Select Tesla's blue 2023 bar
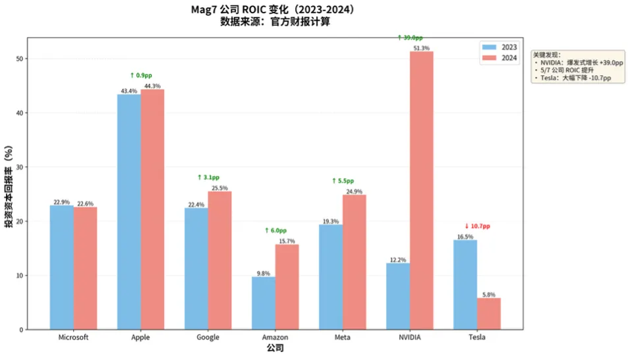click(465, 284)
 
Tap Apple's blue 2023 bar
click(129, 212)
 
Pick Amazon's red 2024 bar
click(287, 287)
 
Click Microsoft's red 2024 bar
click(85, 268)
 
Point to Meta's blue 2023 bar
click(331, 277)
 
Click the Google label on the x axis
click(208, 337)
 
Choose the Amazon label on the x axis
click(275, 337)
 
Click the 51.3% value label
click(422, 48)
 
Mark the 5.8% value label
click(488, 294)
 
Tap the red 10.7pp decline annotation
click(477, 226)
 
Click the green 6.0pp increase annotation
click(275, 231)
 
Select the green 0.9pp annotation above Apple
click(141, 76)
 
